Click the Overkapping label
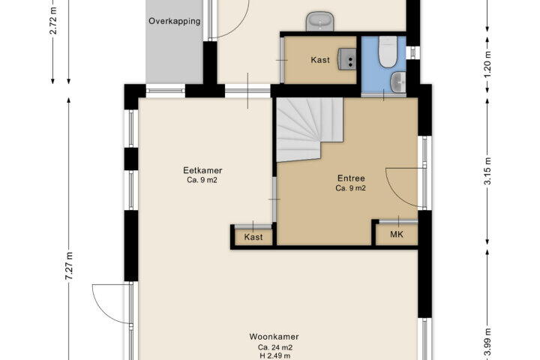click(175, 21)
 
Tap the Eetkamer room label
click(202, 170)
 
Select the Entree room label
click(351, 178)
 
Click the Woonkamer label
click(274, 337)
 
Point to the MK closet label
click(397, 235)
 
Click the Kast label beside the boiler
click(320, 60)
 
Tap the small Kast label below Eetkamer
click(253, 237)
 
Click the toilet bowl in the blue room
click(388, 51)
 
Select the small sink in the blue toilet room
click(398, 82)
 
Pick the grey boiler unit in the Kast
click(346, 59)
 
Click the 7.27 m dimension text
click(69, 265)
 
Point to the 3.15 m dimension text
click(487, 171)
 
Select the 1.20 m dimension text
click(487, 64)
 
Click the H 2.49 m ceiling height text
click(275, 355)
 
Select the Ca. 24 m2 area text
click(275, 347)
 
